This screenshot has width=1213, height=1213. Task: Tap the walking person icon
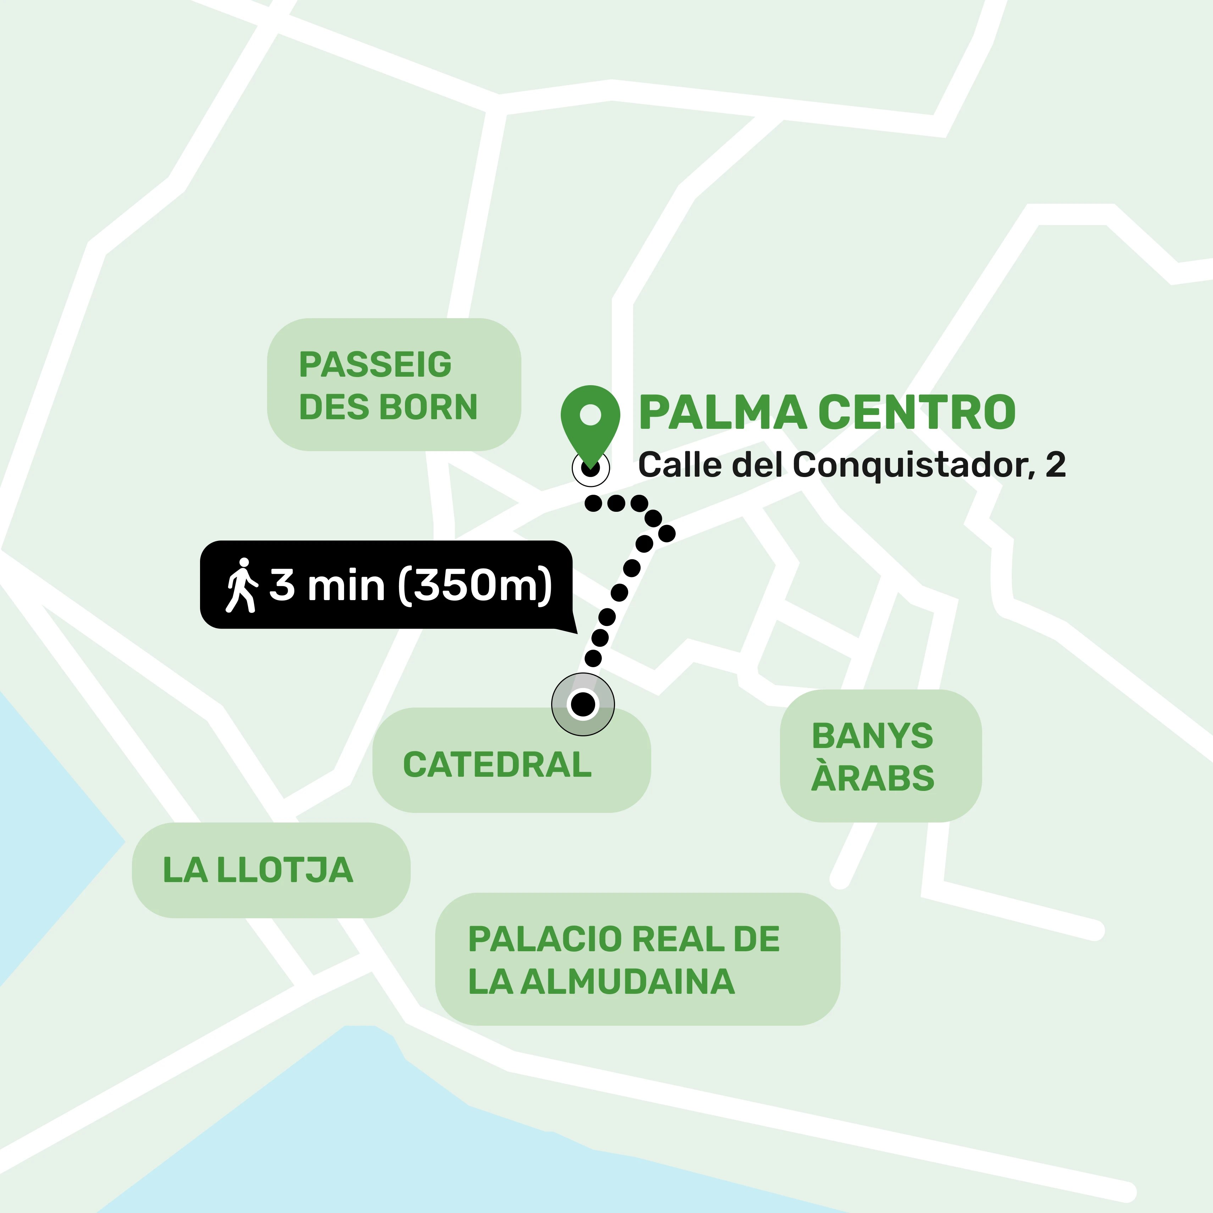coord(241,585)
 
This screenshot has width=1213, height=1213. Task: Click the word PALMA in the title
coord(722,413)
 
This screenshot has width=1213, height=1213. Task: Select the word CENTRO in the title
coord(916,413)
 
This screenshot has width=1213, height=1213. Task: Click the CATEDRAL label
coord(497,765)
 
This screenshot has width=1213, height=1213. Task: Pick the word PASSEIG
coord(376,365)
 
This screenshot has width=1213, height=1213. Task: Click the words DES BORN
coord(388,407)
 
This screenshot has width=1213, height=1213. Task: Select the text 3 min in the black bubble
coord(326,585)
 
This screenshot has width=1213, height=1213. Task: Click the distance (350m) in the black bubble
coord(475,585)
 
